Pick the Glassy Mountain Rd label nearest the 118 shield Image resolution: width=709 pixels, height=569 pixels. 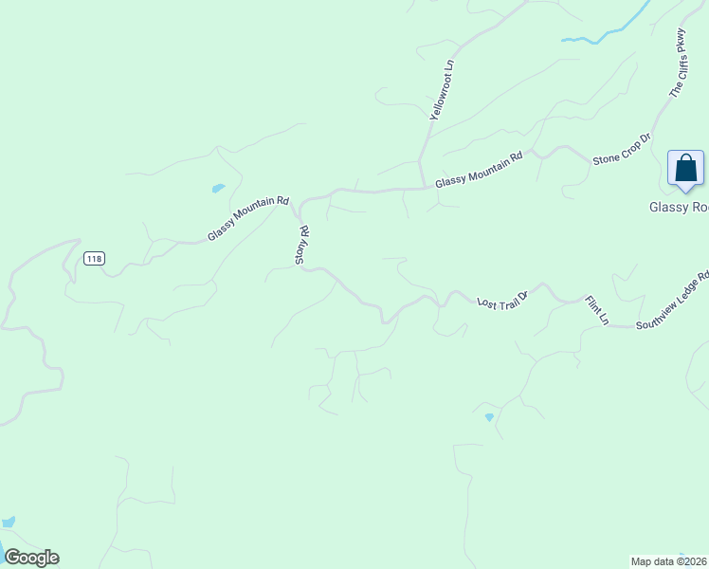[x=247, y=218]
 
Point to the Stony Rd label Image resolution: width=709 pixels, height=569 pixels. [x=302, y=244]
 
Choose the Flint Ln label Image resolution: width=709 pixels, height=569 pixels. [x=596, y=310]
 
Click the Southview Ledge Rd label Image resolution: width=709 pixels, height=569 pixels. [x=671, y=302]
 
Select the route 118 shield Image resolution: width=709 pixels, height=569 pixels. [x=93, y=259]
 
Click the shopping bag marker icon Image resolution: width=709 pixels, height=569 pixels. [x=685, y=169]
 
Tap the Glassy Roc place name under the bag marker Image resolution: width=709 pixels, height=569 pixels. [x=678, y=207]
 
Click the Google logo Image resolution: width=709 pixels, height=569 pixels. [x=31, y=558]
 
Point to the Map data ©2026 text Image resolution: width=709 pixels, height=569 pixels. [x=669, y=560]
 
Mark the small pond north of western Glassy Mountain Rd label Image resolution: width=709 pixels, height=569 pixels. [x=218, y=188]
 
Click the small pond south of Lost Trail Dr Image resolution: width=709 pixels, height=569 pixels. [x=489, y=416]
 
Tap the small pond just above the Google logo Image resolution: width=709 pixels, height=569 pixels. [x=9, y=522]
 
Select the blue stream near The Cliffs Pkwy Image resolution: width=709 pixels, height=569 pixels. [x=607, y=32]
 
